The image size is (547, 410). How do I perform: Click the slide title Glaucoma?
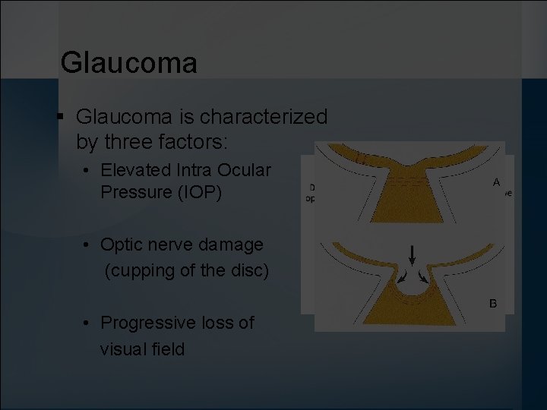pos(128,62)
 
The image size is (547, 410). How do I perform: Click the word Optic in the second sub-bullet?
pos(122,244)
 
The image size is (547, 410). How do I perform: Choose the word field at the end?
pos(169,348)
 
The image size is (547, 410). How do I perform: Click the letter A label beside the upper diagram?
pos(496,182)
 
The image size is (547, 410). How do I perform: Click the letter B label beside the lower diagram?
pos(492,304)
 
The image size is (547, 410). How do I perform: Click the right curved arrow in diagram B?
pos(421,275)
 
